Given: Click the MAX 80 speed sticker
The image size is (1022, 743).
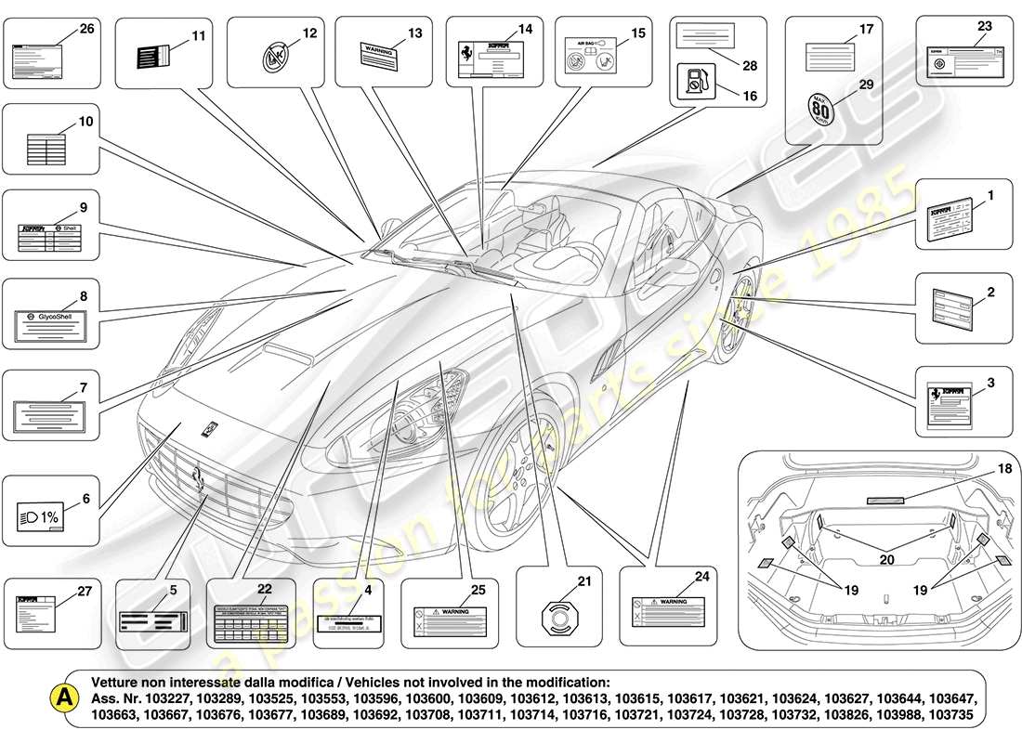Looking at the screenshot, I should point(820,111).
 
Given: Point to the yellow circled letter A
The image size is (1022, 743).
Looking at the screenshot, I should point(63,696).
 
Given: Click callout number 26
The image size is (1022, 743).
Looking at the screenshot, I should point(86,29).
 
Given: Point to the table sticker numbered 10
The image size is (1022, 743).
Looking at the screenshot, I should point(48,150).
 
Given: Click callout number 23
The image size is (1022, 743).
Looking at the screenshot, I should point(984,26).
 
